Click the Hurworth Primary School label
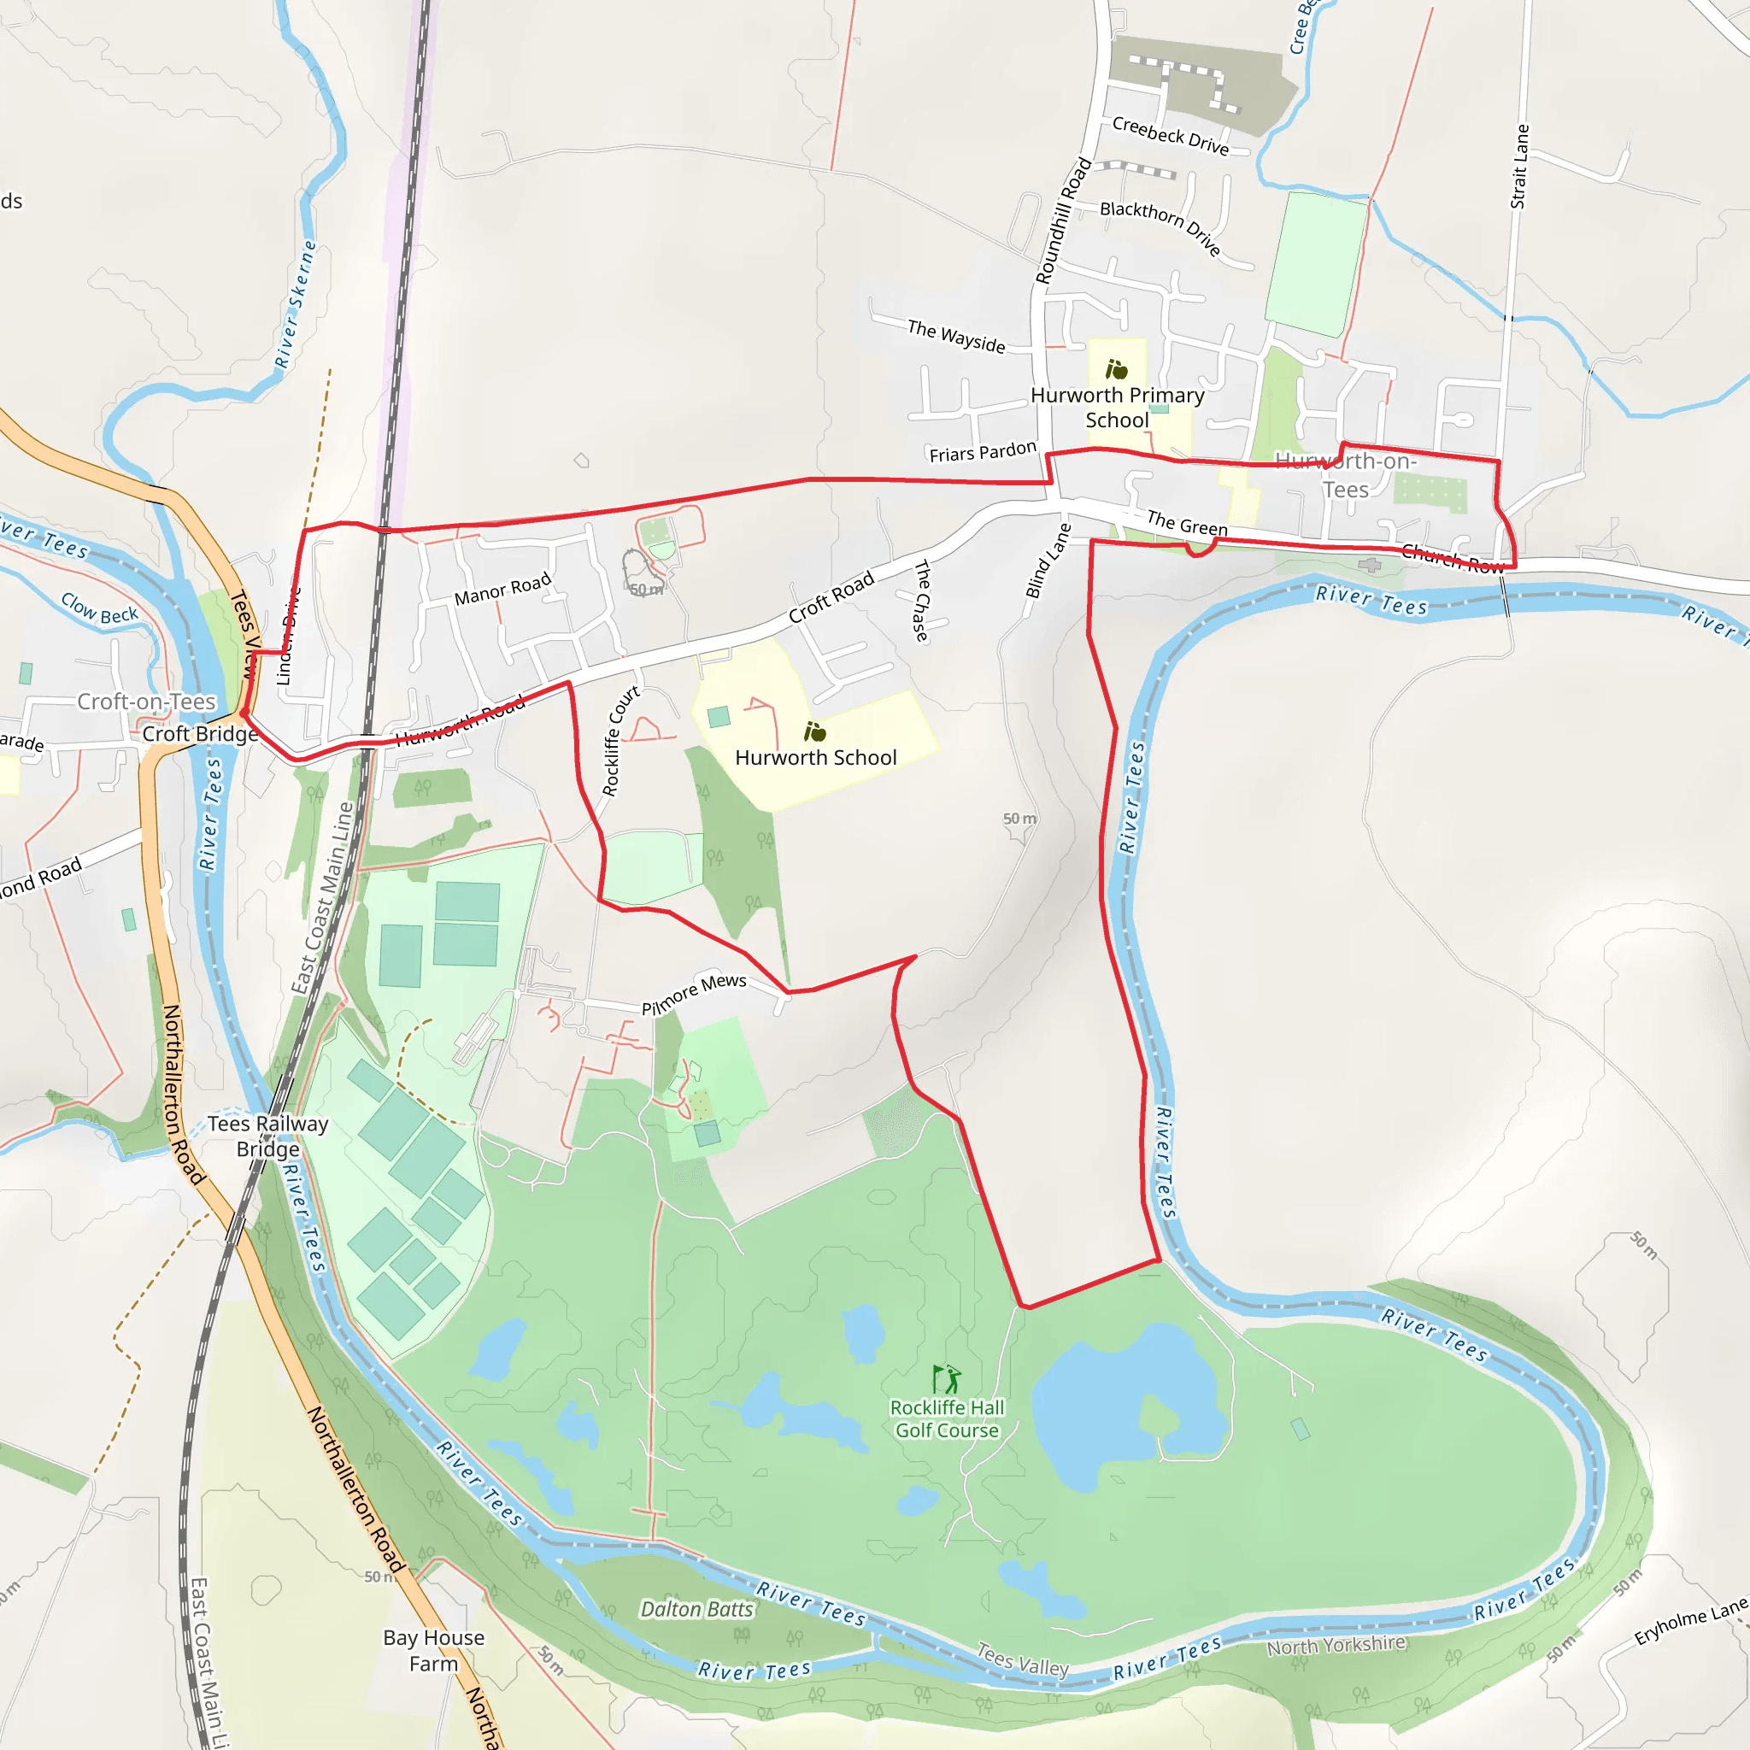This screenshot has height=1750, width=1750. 1117,408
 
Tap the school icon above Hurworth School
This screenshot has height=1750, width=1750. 814,731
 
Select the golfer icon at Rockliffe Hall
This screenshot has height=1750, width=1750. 947,1379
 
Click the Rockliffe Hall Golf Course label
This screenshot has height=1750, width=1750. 947,1418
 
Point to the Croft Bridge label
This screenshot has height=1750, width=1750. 200,734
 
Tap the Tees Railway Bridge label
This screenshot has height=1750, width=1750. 267,1136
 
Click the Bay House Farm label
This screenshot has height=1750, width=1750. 433,1650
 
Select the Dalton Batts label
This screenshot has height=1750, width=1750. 696,1610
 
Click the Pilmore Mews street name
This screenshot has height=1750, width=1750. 694,994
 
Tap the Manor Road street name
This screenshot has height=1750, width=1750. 502,589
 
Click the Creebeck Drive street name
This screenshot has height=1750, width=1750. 1171,136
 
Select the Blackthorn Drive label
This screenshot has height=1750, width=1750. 1160,226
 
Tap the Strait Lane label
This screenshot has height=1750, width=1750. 1519,167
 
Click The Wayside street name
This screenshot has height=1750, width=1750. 955,336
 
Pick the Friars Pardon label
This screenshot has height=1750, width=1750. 983,451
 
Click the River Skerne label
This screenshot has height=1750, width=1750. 296,304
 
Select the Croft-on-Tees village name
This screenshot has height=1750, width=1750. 147,701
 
